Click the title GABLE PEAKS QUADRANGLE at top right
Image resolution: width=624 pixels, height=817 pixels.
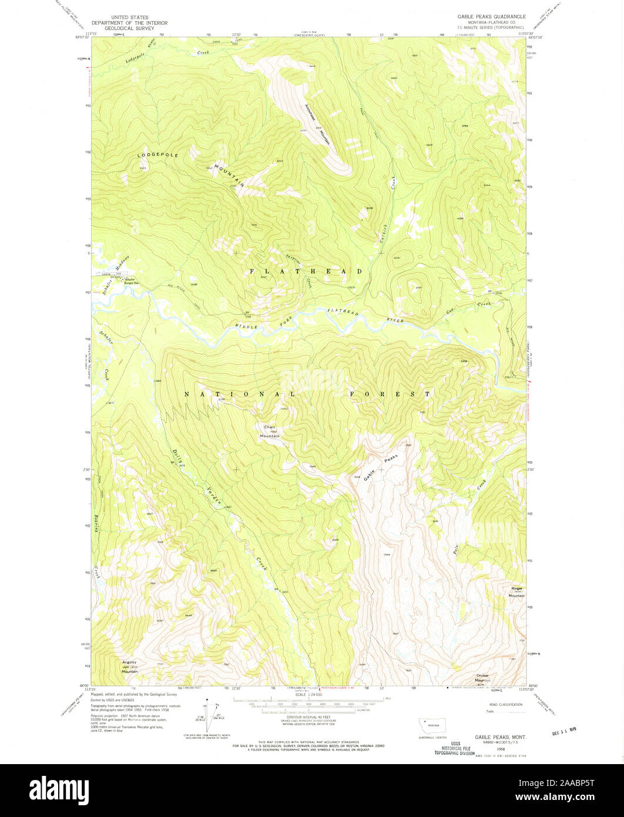491,16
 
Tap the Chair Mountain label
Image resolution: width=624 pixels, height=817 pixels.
270,431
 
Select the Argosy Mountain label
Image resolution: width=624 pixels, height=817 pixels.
129,665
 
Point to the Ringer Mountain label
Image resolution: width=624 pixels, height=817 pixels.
516,592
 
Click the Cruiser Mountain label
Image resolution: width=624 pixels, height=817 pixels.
482,678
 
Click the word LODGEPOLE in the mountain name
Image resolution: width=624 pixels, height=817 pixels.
157,155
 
